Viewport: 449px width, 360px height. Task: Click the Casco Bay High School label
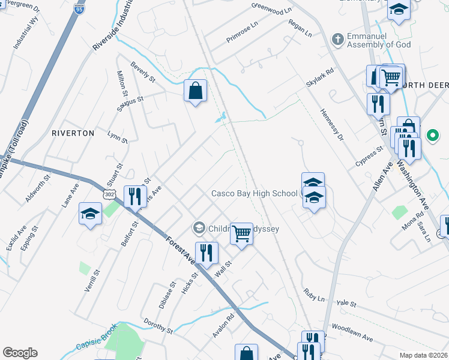[254, 193]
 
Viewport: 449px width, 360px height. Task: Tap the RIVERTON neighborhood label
[73, 133]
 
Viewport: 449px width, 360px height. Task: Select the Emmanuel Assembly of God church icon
[338, 40]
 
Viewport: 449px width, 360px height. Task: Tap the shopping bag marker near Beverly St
[196, 92]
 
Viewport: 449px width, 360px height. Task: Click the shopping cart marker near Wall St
[241, 233]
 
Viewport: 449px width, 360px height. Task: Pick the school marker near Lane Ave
[90, 214]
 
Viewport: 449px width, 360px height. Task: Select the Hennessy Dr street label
[331, 125]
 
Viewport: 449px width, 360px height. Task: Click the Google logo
[20, 353]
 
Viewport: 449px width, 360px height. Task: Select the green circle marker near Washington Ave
[432, 136]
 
